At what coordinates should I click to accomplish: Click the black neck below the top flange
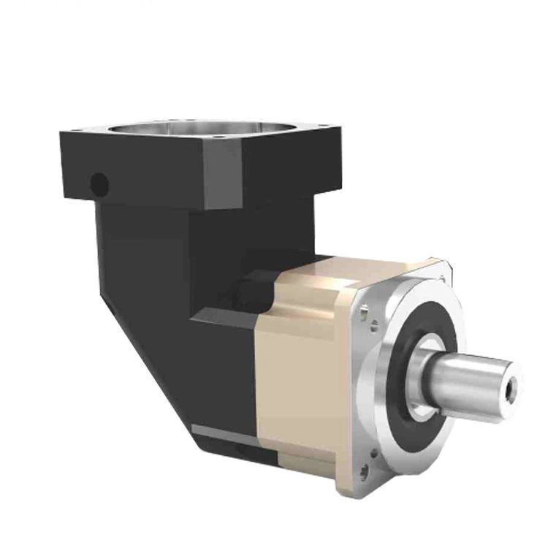point(146,241)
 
